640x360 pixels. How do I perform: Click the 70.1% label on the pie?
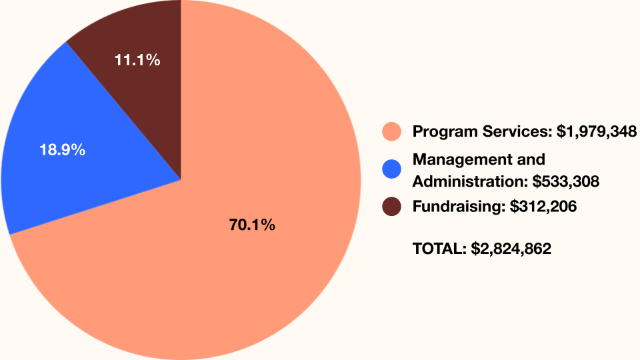coord(252,225)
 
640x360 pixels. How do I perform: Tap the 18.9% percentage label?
coord(62,150)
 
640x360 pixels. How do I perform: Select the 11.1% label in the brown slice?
coord(137,60)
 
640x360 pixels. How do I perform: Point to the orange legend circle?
coord(391,131)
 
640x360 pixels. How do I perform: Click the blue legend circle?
coord(391,169)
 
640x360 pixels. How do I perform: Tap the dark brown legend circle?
coord(391,207)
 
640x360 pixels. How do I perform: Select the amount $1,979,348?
coord(597,131)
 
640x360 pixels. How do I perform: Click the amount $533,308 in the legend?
coord(565,181)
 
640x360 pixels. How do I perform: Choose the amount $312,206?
coord(543,207)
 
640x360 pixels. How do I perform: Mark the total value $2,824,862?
coord(511,249)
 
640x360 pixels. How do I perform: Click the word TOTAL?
coord(439,249)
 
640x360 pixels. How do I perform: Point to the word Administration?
coord(469,181)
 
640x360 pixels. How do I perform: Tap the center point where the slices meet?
coord(181,179)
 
